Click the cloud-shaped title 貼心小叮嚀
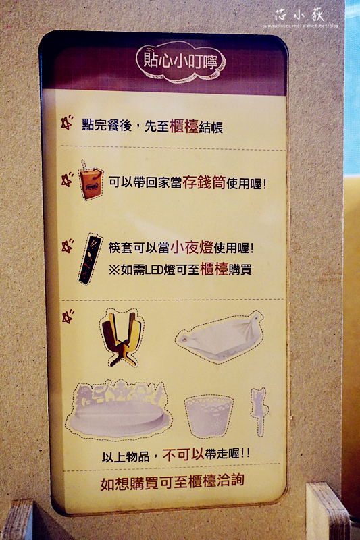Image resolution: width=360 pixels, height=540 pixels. pyautogui.click(x=180, y=59)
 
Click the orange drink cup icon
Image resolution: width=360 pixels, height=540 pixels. pyautogui.click(x=91, y=181)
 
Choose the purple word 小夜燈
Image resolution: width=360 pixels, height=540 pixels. pyautogui.click(x=192, y=248)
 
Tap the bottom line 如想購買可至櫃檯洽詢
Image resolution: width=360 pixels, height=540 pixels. pyautogui.click(x=172, y=481)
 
